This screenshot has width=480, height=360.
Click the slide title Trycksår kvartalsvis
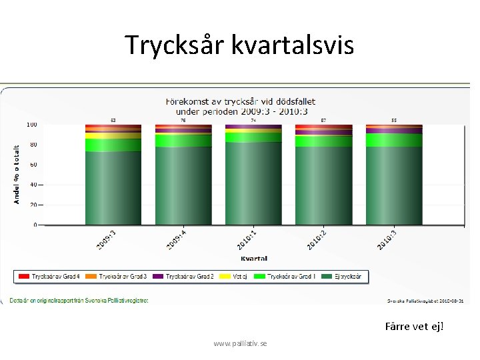(239, 45)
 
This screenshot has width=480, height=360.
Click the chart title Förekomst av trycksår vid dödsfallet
(240, 101)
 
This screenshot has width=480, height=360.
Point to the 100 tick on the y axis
(31, 125)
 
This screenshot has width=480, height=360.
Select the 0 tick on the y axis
(35, 225)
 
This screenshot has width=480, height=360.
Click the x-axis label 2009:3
(107, 240)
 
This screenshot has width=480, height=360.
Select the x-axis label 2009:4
(177, 240)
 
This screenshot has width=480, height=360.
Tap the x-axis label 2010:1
(246, 240)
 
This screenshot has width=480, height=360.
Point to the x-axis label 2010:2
(316, 240)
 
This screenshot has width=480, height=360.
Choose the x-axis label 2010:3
(387, 240)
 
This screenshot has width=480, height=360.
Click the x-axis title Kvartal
(253, 258)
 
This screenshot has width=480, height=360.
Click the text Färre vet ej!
(414, 327)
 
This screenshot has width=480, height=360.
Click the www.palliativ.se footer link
(240, 343)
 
